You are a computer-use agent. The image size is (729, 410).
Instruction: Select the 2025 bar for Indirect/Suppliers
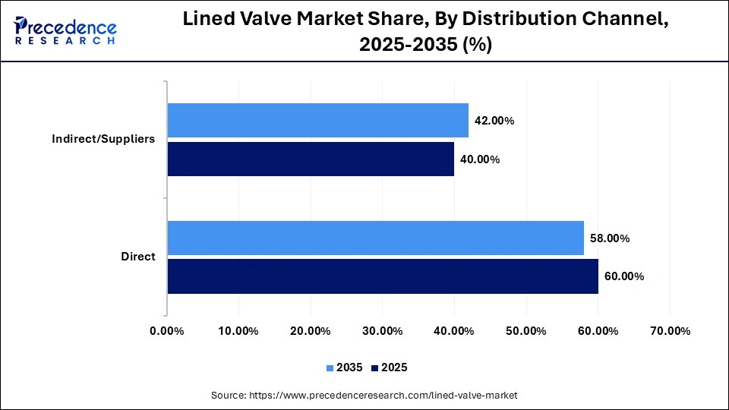pos(311,159)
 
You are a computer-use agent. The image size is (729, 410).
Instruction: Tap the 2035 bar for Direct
pos(375,238)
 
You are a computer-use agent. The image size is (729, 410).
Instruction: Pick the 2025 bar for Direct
pos(383,276)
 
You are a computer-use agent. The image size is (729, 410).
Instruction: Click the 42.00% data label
pos(494,121)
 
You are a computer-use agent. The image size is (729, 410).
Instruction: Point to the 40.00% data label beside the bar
pos(480,159)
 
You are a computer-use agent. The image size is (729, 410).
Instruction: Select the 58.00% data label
pos(609,238)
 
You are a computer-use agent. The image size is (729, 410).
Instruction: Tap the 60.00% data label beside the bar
pos(623,276)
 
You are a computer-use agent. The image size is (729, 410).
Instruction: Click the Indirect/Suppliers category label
pos(103,139)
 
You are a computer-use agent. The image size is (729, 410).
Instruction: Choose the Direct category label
pos(138,257)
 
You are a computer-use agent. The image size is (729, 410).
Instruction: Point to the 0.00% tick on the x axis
pos(167,331)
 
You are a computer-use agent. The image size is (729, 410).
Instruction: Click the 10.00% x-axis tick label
pos(238,331)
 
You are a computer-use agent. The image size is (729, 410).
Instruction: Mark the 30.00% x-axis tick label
pos(382,331)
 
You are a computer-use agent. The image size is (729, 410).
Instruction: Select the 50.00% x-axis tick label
pos(525,331)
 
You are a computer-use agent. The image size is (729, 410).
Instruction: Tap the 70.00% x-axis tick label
pos(670,331)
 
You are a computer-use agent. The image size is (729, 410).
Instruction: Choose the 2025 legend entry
pos(390,367)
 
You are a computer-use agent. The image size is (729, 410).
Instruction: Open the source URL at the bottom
pos(364,396)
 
